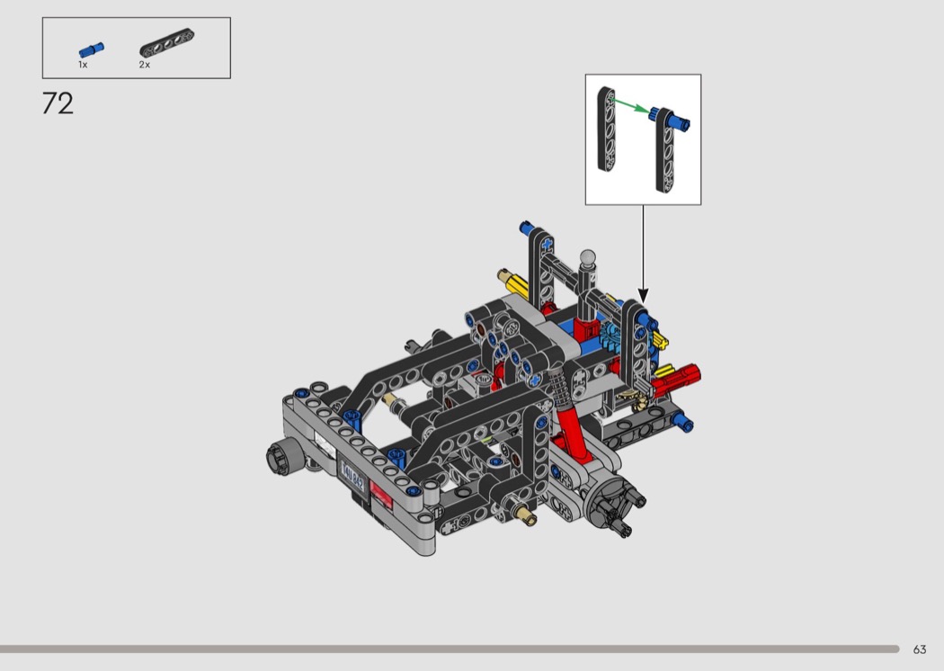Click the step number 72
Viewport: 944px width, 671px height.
point(58,103)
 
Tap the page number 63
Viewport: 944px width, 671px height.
point(920,649)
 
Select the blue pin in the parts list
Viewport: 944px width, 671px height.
point(92,50)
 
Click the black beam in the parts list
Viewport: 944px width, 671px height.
point(166,43)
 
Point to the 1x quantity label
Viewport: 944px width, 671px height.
point(83,65)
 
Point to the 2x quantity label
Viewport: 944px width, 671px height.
point(145,65)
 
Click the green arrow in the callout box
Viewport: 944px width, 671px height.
point(630,106)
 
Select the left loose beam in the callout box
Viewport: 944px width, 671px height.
point(606,130)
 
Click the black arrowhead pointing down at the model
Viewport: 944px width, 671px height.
point(643,296)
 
